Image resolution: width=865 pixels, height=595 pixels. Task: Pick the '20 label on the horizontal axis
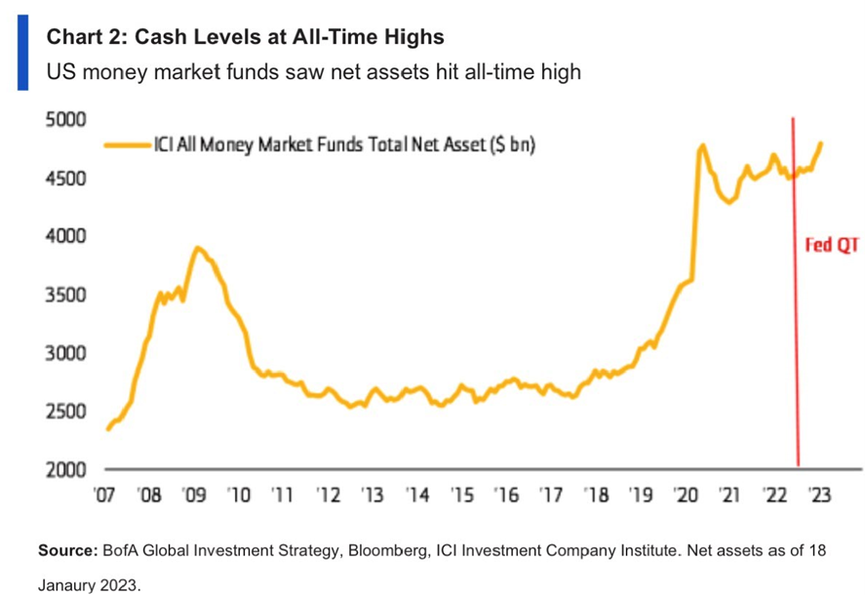click(x=686, y=494)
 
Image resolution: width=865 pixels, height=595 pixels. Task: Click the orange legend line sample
click(x=127, y=145)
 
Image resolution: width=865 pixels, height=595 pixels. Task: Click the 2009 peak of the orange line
click(x=198, y=248)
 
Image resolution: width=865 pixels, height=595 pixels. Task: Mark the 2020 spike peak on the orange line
click(x=701, y=146)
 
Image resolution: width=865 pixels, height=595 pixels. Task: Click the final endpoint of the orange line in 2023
click(x=821, y=143)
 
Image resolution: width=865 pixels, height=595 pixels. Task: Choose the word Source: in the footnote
click(x=66, y=551)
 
